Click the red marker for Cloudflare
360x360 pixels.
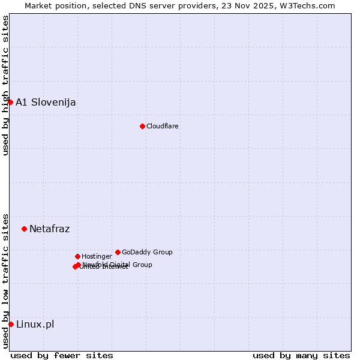point(142,126)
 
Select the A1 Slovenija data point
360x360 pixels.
point(10,102)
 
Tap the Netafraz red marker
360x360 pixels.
point(24,229)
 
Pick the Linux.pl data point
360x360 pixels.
point(11,324)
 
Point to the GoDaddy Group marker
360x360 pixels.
point(118,252)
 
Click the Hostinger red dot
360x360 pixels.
point(77,256)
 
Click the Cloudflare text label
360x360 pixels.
point(163,126)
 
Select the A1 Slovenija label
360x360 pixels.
point(46,102)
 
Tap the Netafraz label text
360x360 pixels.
point(50,229)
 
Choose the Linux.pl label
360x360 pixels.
point(35,324)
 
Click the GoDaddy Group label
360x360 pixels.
point(147,252)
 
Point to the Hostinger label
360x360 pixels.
point(97,256)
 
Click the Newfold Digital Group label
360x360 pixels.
point(118,264)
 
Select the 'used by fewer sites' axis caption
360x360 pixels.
point(62,355)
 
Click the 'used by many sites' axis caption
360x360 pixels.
point(301,355)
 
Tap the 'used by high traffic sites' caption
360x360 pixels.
point(5,85)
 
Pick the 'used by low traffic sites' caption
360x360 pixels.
point(5,281)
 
